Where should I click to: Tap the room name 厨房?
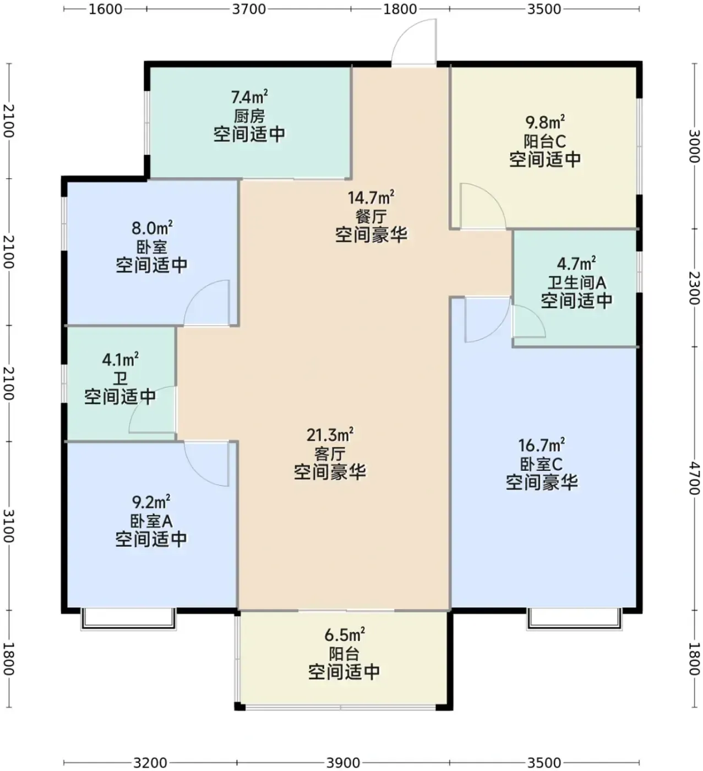[x=249, y=116]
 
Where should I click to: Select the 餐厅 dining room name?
[x=371, y=216]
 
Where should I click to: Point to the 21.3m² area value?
[x=330, y=435]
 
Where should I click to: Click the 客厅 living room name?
[x=330, y=454]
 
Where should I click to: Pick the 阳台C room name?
[x=544, y=141]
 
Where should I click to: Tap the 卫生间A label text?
[x=576, y=283]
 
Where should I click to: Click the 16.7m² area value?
[x=542, y=445]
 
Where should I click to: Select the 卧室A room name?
[x=151, y=521]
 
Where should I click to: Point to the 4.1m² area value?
[x=121, y=360]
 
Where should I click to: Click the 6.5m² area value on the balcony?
[x=345, y=635]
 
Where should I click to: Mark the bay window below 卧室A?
[x=128, y=619]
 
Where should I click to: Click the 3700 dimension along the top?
[x=249, y=9]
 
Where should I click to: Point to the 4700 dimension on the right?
[x=694, y=477]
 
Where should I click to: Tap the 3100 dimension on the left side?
[x=8, y=526]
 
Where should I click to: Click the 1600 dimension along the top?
[x=105, y=9]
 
